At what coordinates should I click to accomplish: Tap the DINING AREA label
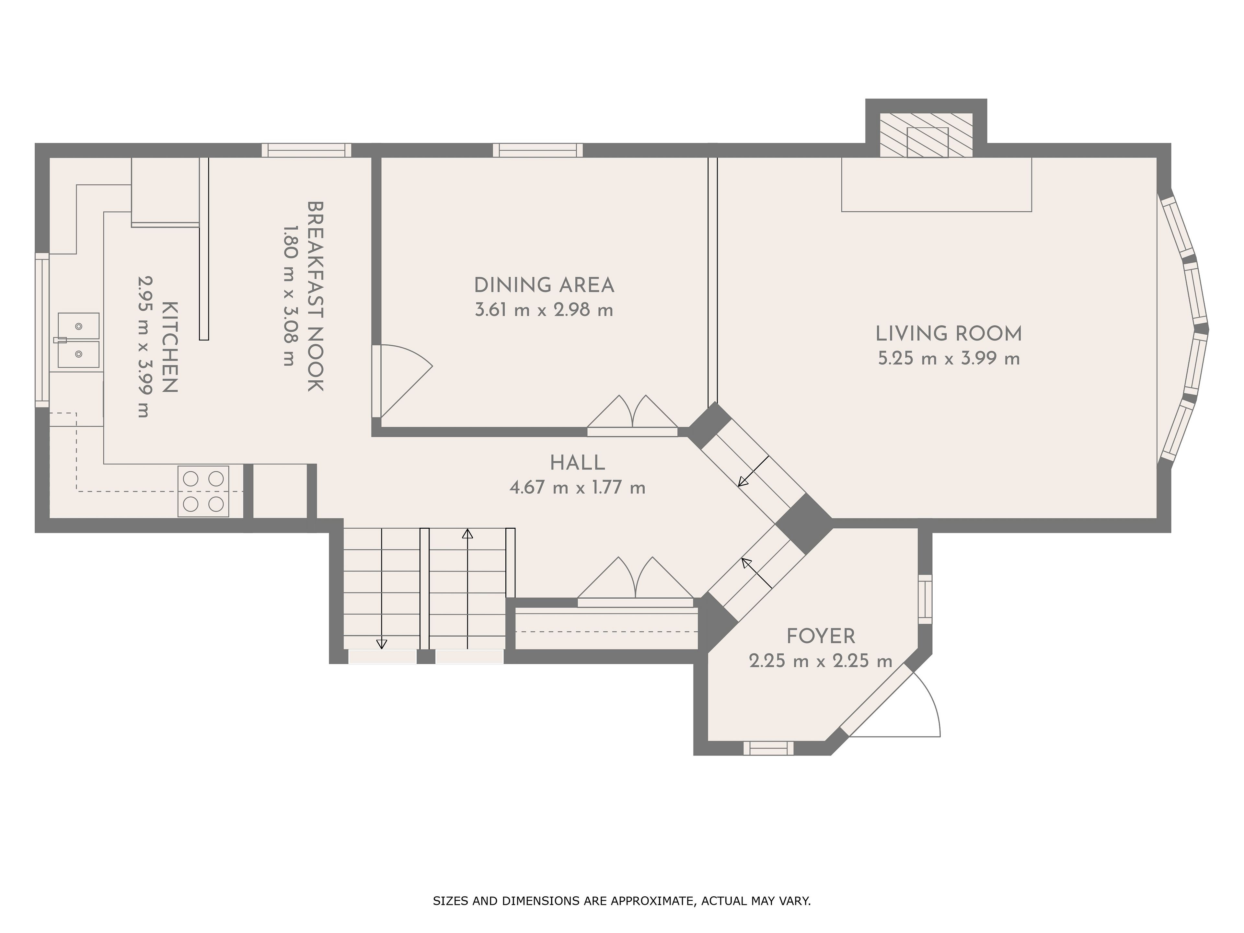coord(544,285)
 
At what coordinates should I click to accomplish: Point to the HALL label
coord(578,463)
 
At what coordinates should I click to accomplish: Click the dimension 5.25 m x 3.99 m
coord(949,358)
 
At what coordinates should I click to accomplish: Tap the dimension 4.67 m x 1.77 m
coord(578,487)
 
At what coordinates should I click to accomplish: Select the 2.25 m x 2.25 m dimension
coord(821,661)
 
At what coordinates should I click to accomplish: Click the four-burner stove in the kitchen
coord(203,491)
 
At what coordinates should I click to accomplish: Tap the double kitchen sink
coord(78,340)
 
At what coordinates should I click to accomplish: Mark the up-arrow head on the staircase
coord(467,533)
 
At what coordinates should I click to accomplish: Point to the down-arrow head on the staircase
coord(382,644)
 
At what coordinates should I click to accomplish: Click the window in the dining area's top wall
coord(538,150)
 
